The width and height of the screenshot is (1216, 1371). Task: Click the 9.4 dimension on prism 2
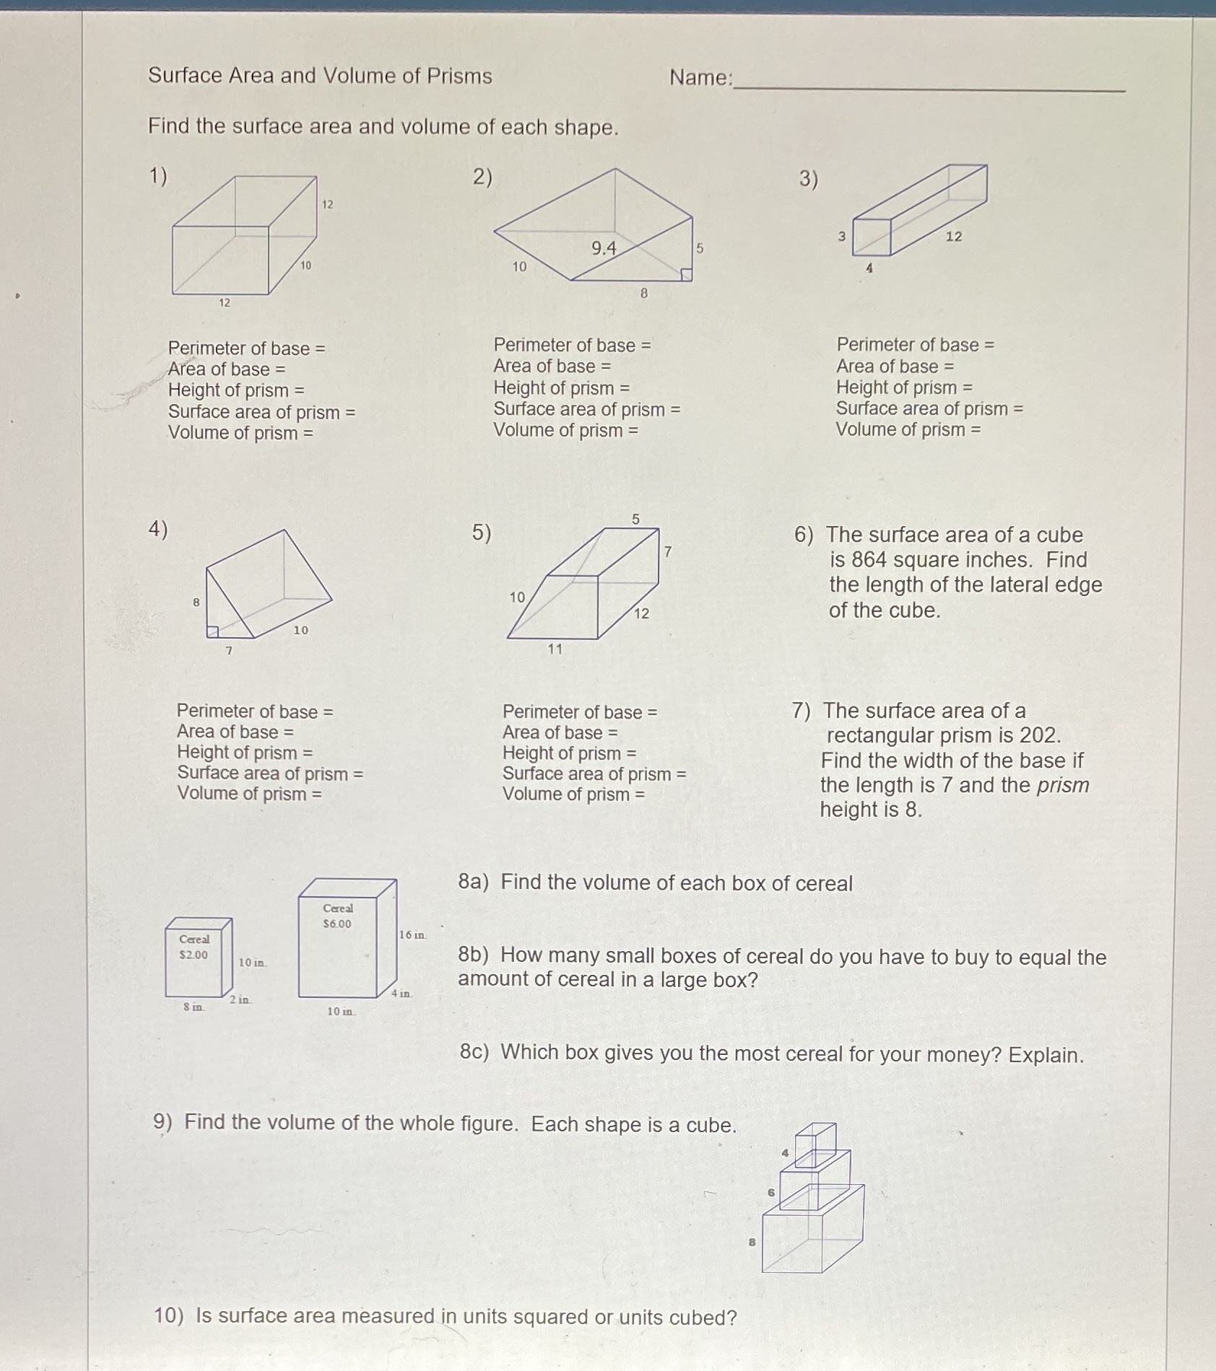(x=604, y=248)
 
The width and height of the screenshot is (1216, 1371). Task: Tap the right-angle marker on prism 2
(x=687, y=274)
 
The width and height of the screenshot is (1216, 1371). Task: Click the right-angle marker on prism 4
(x=212, y=631)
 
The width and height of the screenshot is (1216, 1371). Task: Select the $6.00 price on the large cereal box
(x=336, y=924)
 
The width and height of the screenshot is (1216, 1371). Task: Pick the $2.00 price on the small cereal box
(x=194, y=955)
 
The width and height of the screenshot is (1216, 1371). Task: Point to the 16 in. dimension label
(x=412, y=934)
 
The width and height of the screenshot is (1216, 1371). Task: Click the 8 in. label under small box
(x=194, y=1007)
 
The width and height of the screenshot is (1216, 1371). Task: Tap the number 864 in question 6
(x=869, y=560)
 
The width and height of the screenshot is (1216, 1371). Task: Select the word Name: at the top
(x=700, y=77)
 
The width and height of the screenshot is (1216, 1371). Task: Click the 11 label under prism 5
(x=555, y=649)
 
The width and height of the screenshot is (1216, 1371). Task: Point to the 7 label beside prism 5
(x=668, y=551)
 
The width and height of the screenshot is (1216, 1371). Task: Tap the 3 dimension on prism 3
(x=841, y=236)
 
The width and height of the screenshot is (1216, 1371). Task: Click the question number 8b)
(x=474, y=955)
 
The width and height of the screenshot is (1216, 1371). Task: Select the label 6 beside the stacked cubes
(x=771, y=1192)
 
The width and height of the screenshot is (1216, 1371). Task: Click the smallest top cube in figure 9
(x=815, y=1141)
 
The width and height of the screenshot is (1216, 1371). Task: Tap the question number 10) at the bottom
(x=169, y=1316)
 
